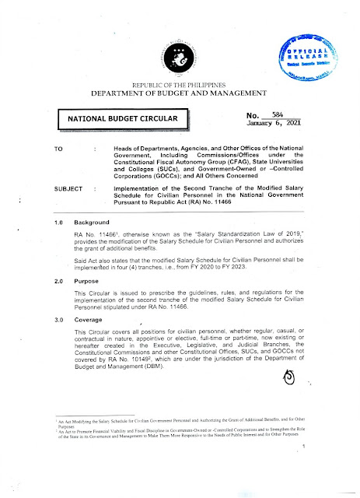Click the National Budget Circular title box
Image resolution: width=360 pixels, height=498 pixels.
pyautogui.click(x=124, y=118)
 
